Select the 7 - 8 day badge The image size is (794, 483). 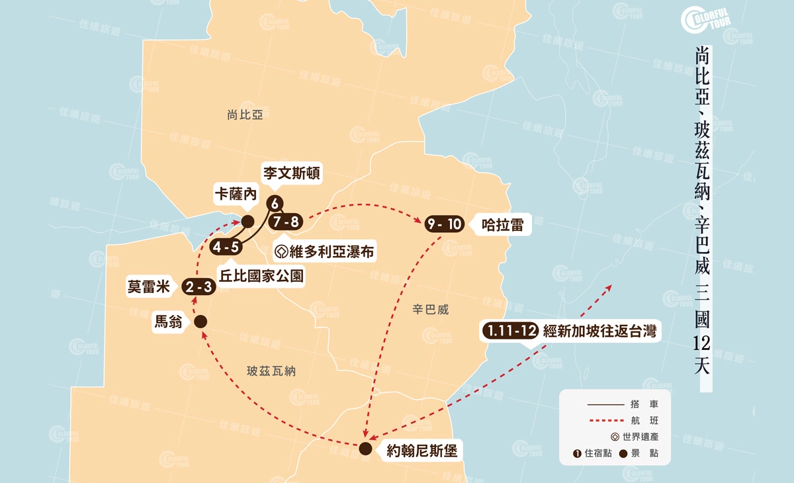[286, 222]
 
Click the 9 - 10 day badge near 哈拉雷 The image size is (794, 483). [445, 225]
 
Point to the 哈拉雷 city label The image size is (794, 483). [502, 225]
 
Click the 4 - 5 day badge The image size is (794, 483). [226, 247]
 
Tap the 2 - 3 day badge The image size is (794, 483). [198, 286]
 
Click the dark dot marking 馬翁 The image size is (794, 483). [200, 322]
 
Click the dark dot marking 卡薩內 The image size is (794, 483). [247, 221]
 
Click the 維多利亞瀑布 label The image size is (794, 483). [324, 252]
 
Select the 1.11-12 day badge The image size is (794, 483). [509, 331]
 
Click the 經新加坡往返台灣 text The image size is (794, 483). [599, 331]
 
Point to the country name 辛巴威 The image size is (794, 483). [431, 309]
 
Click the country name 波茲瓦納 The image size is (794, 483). [271, 372]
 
